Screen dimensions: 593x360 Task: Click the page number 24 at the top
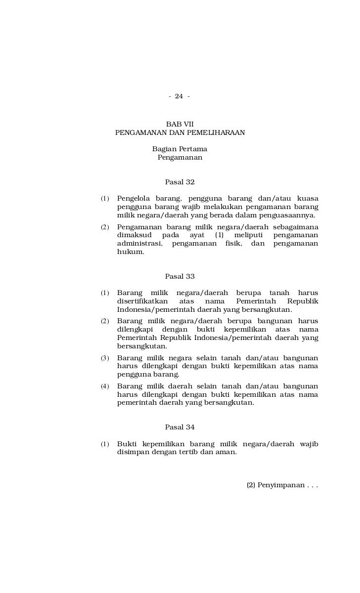pos(179,96)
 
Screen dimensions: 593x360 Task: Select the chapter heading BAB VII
pos(180,124)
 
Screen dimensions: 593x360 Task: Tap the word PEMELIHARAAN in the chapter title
pos(214,132)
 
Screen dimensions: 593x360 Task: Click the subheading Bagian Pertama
pos(180,149)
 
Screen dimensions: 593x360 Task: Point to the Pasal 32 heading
pos(180,182)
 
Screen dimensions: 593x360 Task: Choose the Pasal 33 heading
pos(180,276)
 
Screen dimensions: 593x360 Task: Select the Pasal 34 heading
pos(180,427)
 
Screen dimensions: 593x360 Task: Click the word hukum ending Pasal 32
pos(131,252)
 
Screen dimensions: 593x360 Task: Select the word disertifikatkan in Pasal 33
pos(142,301)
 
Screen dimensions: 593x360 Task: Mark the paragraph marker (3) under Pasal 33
pos(105,358)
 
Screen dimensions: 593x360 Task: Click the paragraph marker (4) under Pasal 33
pos(105,386)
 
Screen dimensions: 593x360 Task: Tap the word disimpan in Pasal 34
pos(133,453)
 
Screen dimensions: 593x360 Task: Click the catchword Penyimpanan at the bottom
pos(280,485)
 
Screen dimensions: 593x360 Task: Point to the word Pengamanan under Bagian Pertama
pos(180,158)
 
